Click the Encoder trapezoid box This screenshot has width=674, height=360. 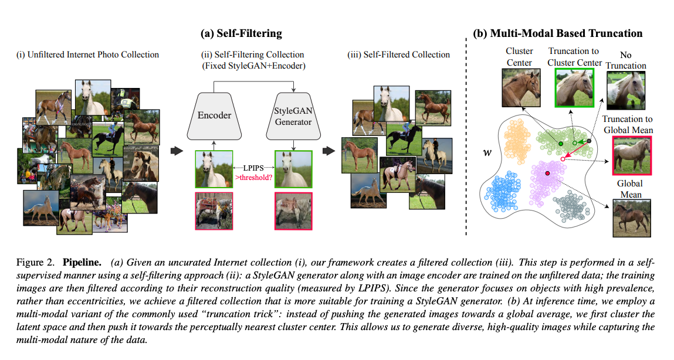[x=214, y=115]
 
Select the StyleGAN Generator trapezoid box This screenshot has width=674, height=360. [x=293, y=115]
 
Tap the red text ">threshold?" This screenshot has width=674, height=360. [x=254, y=176]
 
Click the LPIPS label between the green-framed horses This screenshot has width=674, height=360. [x=254, y=167]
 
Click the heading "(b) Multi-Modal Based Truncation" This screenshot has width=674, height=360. [x=558, y=33]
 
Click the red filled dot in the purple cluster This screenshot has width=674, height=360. [x=547, y=174]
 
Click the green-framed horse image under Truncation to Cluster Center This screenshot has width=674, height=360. [x=574, y=88]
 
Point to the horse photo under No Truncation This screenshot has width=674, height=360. [x=626, y=90]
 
